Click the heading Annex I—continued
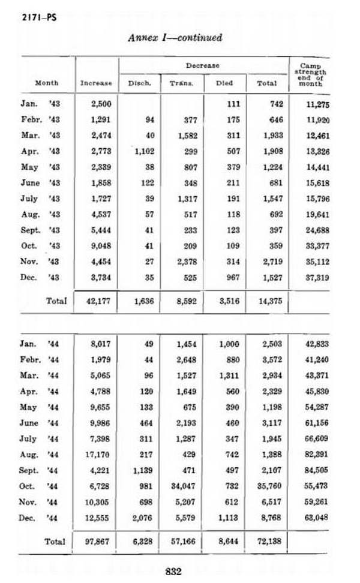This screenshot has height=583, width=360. (x=175, y=37)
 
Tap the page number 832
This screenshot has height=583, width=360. (x=173, y=572)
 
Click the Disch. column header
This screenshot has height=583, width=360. (x=139, y=83)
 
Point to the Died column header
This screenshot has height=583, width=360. (x=224, y=83)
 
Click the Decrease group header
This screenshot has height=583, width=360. (x=202, y=65)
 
